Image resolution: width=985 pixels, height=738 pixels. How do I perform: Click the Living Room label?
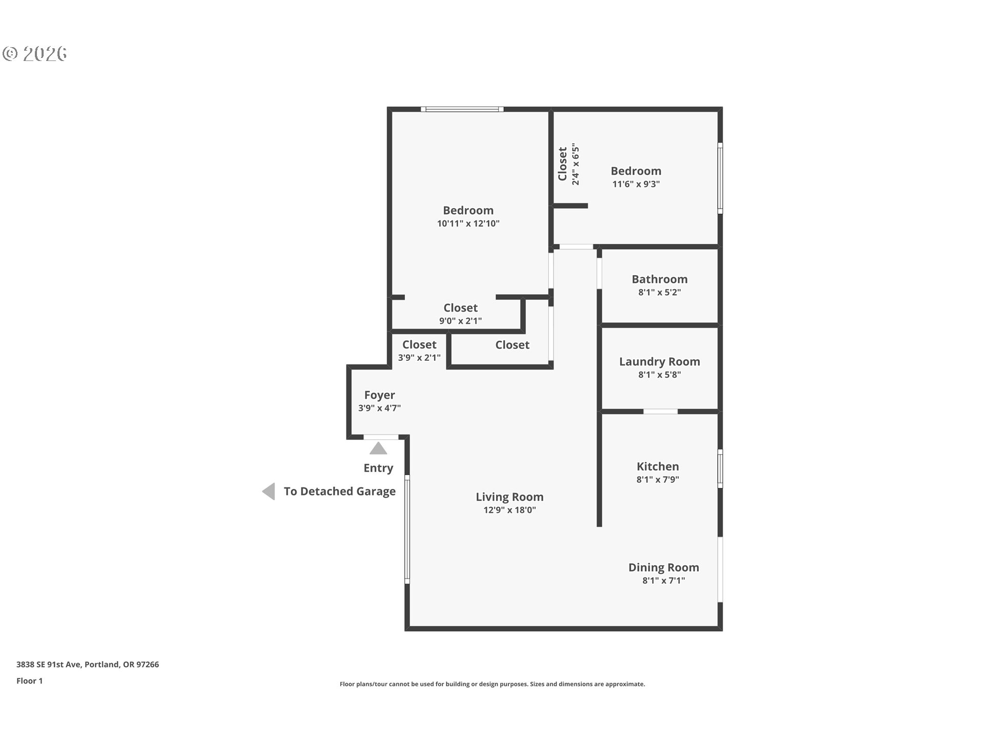509,497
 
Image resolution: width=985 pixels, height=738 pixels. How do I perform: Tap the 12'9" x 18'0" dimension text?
509,510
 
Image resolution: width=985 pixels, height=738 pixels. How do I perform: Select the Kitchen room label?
657,466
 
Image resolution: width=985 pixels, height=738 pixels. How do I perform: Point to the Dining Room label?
663,567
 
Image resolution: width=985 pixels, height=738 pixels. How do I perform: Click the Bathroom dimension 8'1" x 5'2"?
659,293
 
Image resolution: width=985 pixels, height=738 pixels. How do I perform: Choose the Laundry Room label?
659,361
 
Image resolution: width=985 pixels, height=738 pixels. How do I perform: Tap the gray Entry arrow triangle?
378,449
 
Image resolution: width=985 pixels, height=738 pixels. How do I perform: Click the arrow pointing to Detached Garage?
269,491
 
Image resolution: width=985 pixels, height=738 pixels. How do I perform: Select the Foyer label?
379,395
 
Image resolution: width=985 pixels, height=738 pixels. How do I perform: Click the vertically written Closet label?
563,164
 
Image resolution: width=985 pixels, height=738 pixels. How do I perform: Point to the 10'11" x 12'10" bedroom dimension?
468,223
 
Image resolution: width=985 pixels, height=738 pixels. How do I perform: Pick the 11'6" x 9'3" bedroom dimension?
636,184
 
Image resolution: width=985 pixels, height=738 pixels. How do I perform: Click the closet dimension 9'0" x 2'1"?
460,321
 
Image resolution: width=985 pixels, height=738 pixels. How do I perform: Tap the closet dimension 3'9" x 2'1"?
419,358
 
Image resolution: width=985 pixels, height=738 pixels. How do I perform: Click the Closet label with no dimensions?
512,345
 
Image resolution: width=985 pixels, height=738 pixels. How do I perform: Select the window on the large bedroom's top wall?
462,109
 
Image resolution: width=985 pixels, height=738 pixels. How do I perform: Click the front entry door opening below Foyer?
381,437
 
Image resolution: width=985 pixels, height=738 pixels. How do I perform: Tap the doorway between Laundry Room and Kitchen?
660,412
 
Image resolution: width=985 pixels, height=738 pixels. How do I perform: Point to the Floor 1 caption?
29,681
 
